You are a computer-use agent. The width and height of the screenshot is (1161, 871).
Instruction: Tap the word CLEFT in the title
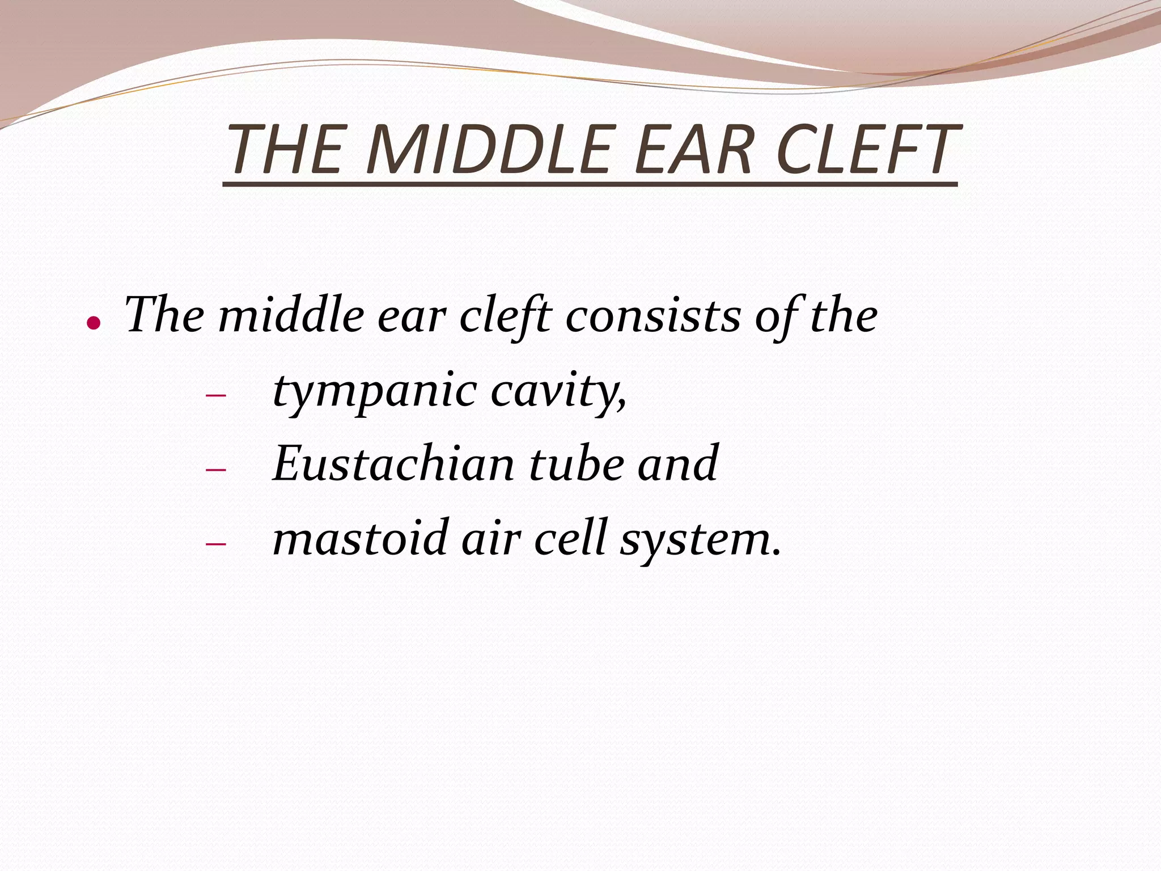click(x=867, y=150)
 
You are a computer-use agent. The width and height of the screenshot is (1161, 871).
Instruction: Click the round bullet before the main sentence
click(x=94, y=323)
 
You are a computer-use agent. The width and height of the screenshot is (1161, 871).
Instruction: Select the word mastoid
click(x=361, y=538)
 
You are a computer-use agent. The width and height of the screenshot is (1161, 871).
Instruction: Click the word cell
click(x=570, y=538)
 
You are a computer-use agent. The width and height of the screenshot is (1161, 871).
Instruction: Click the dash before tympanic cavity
click(x=215, y=395)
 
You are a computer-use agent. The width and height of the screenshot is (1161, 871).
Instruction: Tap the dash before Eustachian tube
click(x=215, y=470)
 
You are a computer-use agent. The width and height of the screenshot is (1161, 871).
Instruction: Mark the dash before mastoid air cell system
click(x=215, y=544)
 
